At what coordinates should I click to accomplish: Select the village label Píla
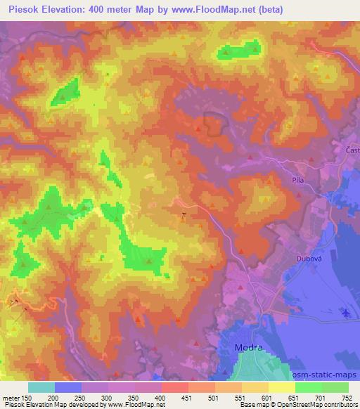[296, 180]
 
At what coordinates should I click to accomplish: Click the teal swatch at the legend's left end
[41, 387]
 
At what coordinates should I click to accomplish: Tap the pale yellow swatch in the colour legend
[281, 387]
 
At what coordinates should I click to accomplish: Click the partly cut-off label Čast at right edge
[353, 150]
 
